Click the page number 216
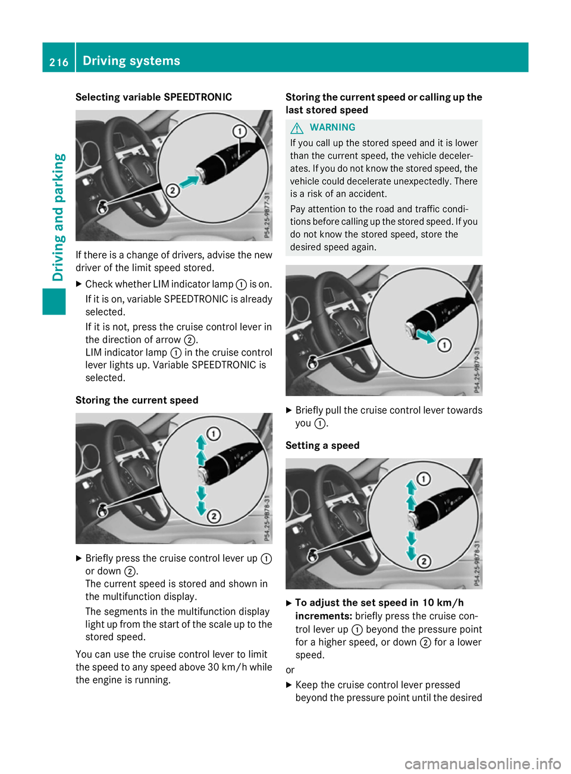coord(59,62)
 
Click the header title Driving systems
coord(131,61)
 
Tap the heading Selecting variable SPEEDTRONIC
coord(153,97)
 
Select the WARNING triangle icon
coord(297,128)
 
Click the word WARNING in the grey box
coord(332,127)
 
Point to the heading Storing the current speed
coord(137,400)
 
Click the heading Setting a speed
coord(322,445)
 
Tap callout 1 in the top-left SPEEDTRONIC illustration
coord(239,131)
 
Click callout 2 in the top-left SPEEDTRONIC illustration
coord(172,190)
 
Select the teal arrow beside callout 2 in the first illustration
coord(189,181)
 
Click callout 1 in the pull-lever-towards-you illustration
coord(444,345)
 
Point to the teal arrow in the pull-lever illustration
coord(425,336)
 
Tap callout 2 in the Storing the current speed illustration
coord(214,516)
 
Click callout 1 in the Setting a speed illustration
coord(423,479)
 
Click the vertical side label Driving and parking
coord(58,218)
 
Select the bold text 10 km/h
coord(443,603)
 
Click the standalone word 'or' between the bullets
coord(290,670)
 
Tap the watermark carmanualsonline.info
coord(482,763)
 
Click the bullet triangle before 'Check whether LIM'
coord(79,284)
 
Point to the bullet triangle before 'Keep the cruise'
coord(289,685)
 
